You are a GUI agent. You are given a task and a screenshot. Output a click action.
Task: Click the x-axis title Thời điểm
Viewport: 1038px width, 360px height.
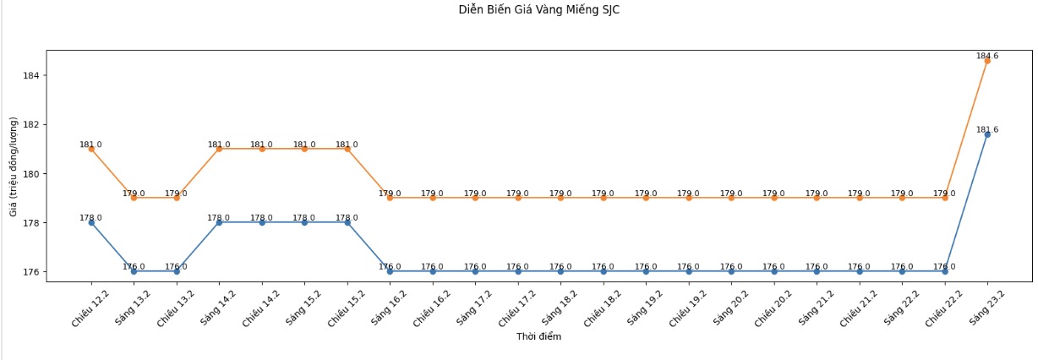pyautogui.click(x=538, y=336)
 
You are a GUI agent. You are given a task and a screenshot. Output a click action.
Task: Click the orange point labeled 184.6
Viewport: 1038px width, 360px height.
pyautogui.click(x=987, y=61)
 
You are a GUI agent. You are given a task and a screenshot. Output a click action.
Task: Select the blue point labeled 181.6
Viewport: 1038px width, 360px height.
pyautogui.click(x=987, y=134)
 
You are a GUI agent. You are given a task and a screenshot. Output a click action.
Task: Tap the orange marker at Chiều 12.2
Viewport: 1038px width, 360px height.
pyautogui.click(x=91, y=149)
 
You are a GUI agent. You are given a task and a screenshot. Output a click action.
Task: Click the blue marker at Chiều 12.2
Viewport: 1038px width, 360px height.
pyautogui.click(x=91, y=222)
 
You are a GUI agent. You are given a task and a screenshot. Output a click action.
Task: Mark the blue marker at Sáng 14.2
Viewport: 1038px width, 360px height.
pyautogui.click(x=219, y=222)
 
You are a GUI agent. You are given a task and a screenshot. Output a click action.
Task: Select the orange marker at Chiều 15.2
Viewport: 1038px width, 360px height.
pyautogui.click(x=347, y=149)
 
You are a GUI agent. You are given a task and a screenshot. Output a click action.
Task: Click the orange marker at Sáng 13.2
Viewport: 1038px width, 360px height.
pyautogui.click(x=134, y=198)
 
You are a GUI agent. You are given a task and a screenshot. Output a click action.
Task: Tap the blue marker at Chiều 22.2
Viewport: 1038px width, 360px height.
pyautogui.click(x=945, y=271)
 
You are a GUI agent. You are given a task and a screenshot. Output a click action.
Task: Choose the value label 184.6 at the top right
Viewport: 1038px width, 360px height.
pyautogui.click(x=987, y=56)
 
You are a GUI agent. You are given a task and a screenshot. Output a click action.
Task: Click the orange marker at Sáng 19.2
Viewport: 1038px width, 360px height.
pyautogui.click(x=646, y=198)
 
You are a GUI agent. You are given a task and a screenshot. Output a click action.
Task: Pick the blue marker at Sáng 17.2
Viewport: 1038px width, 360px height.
pyautogui.click(x=475, y=271)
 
